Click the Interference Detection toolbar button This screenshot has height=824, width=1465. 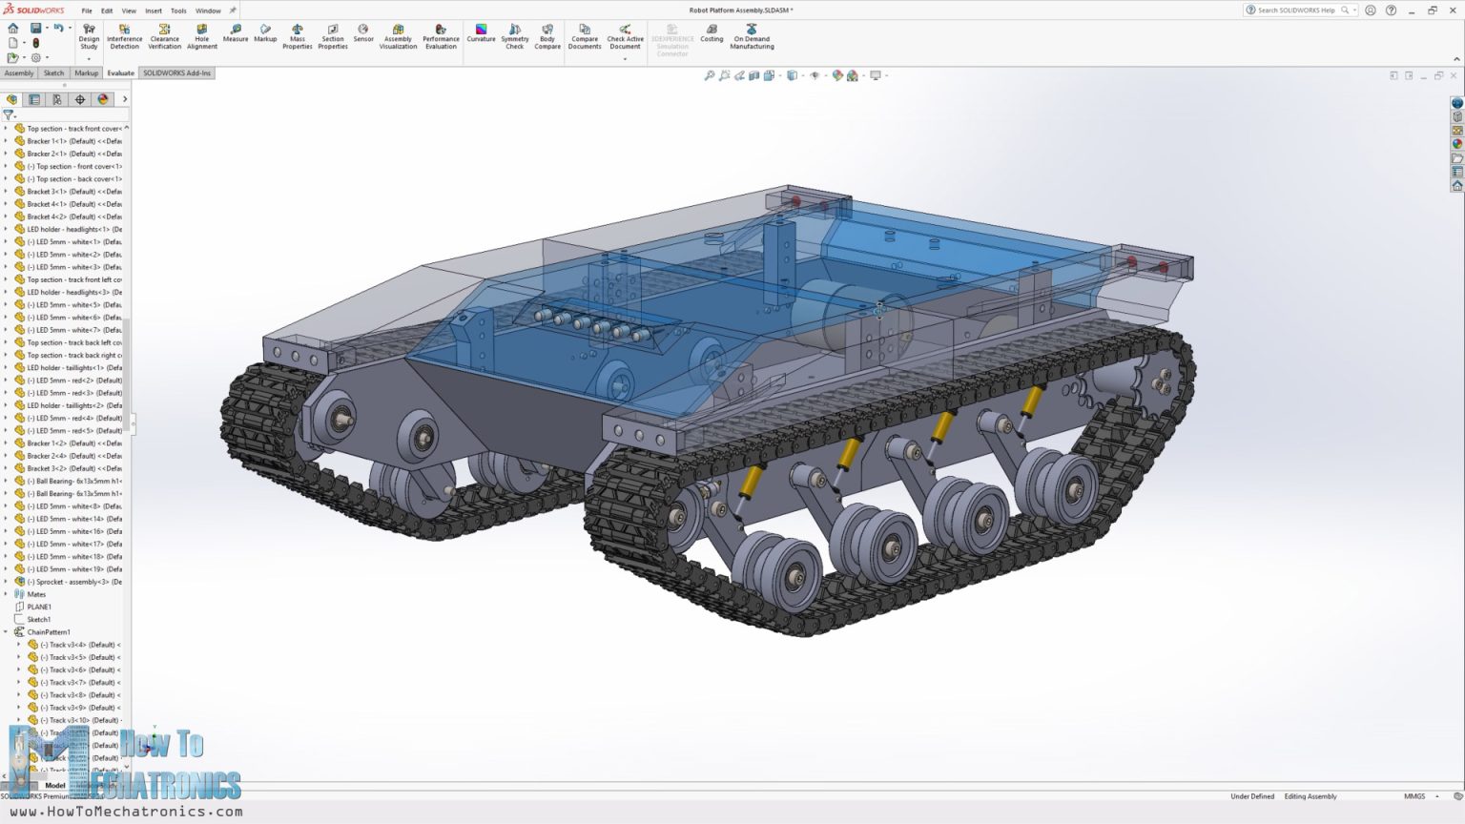point(124,36)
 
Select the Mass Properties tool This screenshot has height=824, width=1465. point(297,36)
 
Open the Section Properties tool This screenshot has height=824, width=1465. point(332,36)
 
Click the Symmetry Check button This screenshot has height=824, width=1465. point(514,36)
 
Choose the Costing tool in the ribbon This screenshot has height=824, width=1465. point(712,33)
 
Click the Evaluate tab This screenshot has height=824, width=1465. point(120,73)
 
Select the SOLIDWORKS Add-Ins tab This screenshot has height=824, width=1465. point(176,73)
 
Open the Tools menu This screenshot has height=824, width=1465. point(178,11)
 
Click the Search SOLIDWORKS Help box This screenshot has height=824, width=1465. point(1297,10)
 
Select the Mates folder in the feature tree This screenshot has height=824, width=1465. point(36,594)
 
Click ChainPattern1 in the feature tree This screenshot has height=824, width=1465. point(49,632)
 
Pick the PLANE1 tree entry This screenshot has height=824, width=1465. point(39,607)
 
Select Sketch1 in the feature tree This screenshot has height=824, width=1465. point(39,619)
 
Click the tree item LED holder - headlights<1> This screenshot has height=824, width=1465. point(73,229)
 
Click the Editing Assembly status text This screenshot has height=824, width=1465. point(1310,796)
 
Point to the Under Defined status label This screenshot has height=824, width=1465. point(1251,796)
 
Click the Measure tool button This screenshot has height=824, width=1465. point(235,33)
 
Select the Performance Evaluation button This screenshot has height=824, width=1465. point(441,36)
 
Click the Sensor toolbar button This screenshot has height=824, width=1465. point(363,33)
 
